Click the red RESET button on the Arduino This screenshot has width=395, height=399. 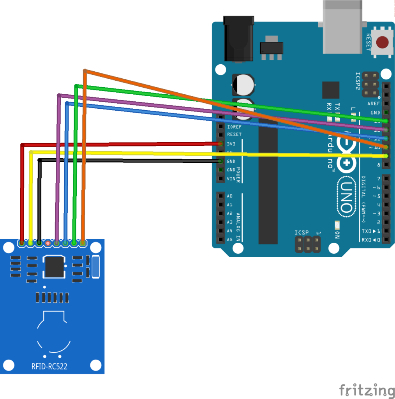click(x=383, y=42)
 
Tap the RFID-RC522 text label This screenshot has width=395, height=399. click(x=51, y=366)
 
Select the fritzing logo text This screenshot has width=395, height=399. click(x=366, y=390)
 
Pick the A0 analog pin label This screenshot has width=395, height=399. click(x=229, y=196)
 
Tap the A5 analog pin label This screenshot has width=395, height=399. click(x=229, y=240)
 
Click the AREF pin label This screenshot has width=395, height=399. click(x=373, y=104)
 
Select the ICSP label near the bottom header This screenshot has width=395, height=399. click(x=301, y=233)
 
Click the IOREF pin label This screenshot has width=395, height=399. click(x=234, y=127)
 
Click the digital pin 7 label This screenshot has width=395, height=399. click(x=378, y=179)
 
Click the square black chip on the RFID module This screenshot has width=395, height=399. click(x=55, y=267)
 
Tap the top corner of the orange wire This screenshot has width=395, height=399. click(x=85, y=71)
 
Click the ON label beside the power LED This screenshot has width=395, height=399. click(x=337, y=235)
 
